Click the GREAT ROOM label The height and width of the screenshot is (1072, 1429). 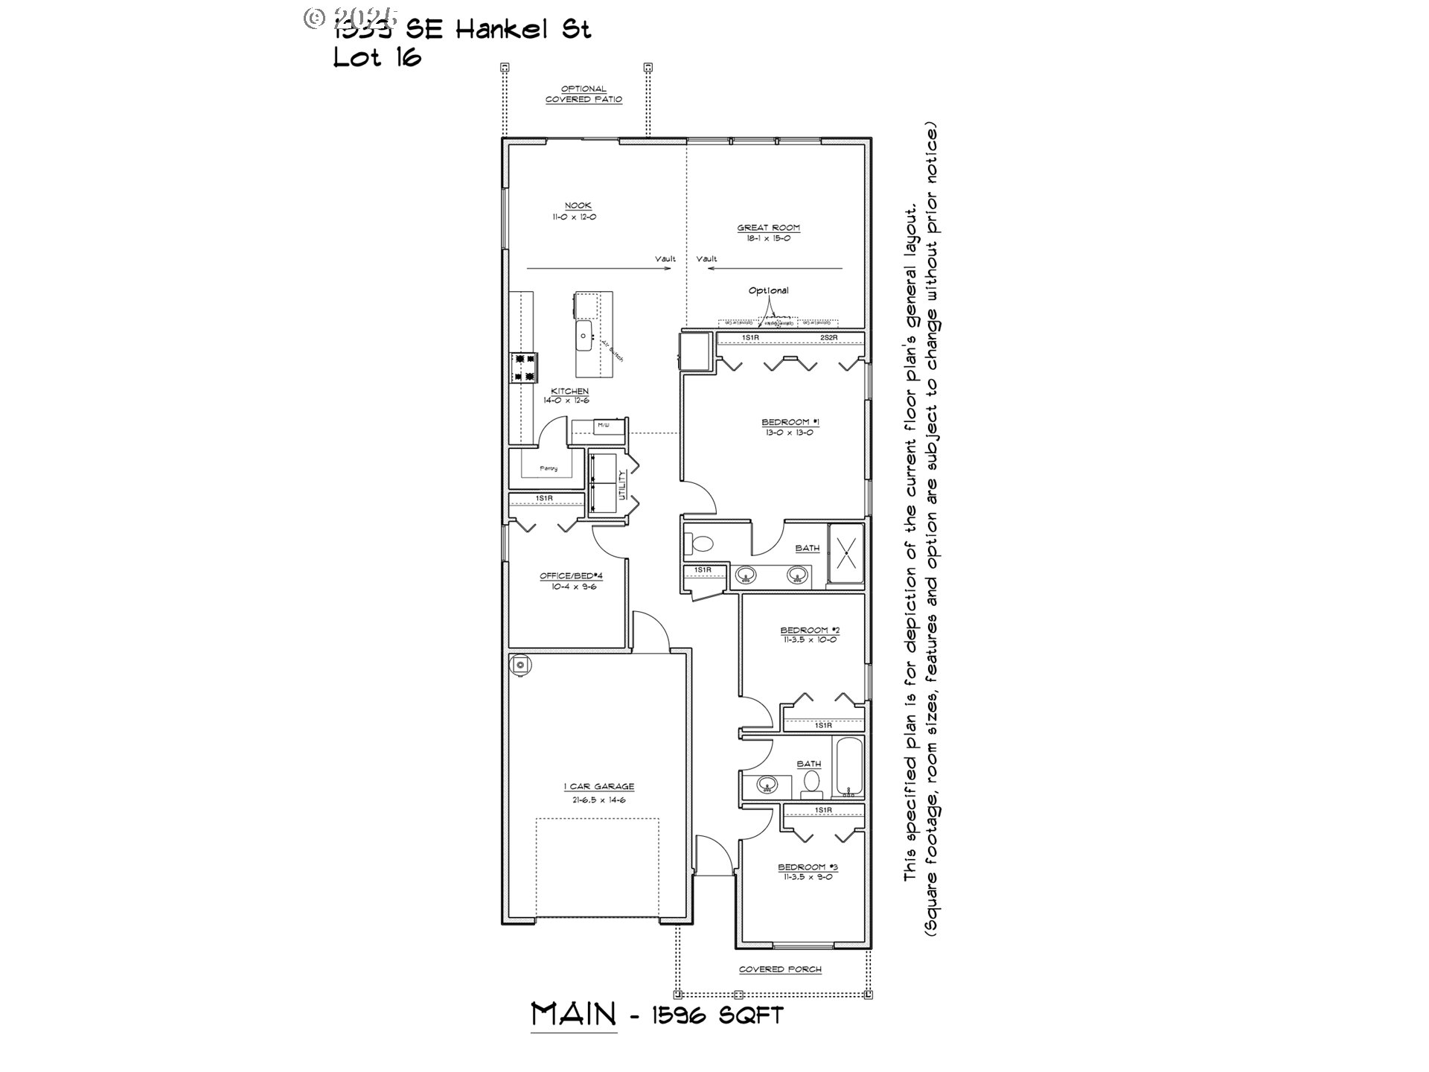click(768, 229)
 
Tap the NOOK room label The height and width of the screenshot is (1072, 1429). click(578, 206)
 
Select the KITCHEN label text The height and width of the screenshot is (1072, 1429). click(569, 392)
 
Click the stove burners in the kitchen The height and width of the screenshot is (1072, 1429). click(522, 368)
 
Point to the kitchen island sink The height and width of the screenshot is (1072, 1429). click(583, 336)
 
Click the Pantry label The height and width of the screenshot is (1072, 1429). click(549, 468)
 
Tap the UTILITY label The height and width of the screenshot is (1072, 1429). click(622, 484)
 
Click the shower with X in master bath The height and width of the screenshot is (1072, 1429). click(846, 554)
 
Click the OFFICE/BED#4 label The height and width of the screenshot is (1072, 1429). click(571, 576)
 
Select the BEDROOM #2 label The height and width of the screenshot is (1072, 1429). click(810, 630)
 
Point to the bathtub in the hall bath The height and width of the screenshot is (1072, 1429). click(848, 766)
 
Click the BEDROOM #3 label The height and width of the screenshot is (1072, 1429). click(808, 867)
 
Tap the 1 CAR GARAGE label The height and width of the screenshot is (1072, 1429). click(598, 787)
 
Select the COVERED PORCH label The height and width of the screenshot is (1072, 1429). click(780, 969)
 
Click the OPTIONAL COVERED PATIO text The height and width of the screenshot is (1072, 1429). click(584, 94)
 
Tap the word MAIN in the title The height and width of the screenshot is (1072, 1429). click(574, 1014)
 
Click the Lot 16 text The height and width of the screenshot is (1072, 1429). click(377, 58)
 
